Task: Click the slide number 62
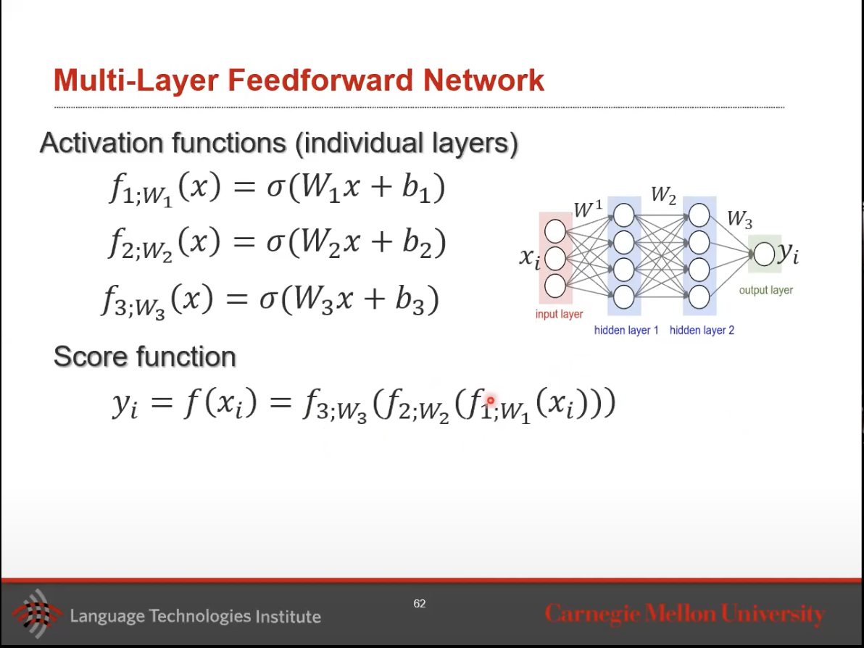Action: tap(420, 603)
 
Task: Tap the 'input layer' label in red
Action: tap(559, 315)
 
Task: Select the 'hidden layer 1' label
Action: tap(626, 331)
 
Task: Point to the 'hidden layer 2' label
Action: tap(702, 331)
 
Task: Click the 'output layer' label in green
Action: tap(765, 290)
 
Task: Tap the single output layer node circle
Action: tap(764, 254)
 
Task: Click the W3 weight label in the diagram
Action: tap(739, 219)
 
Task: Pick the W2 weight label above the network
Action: tap(663, 195)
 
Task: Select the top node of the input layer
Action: tap(555, 231)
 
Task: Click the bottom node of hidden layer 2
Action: tap(699, 296)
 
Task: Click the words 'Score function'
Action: tap(145, 357)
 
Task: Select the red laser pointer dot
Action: tap(491, 400)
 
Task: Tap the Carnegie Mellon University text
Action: tap(684, 614)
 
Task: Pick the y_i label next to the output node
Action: tap(788, 253)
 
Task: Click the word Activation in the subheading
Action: tap(101, 143)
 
